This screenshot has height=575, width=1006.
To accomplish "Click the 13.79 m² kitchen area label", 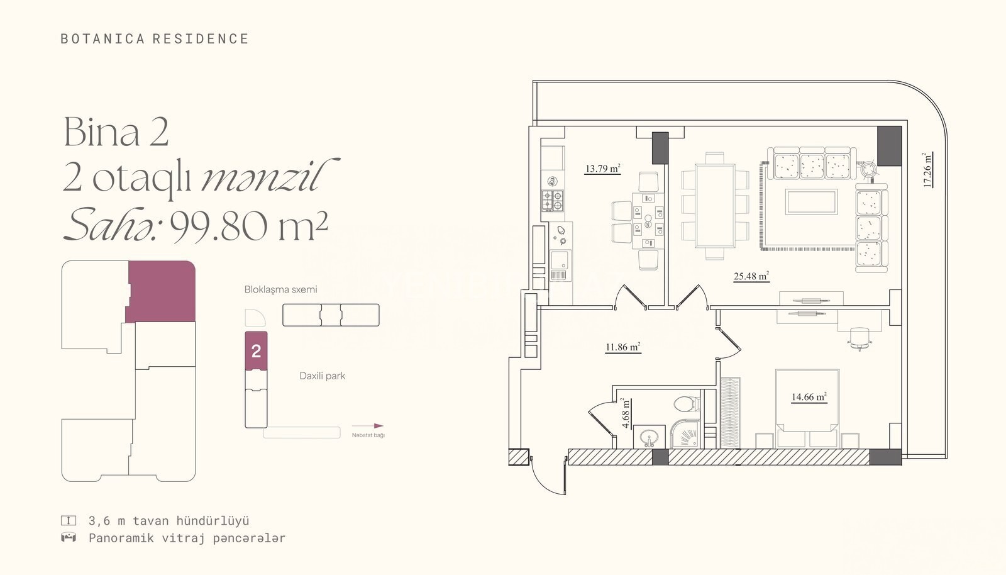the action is click(602, 169).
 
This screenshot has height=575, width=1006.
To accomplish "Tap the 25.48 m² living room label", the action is click(751, 276).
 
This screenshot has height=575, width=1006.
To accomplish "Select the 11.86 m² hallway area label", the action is click(623, 347).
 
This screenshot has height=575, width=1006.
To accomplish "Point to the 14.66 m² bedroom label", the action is click(809, 397).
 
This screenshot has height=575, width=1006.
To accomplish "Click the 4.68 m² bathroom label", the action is click(625, 413).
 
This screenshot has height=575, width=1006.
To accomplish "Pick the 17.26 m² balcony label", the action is click(927, 170).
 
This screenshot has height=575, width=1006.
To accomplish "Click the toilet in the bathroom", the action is click(687, 403).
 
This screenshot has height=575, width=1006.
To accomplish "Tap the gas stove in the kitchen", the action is click(553, 200).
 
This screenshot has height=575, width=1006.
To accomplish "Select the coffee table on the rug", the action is click(811, 202).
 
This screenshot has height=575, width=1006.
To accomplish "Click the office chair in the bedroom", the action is click(860, 338).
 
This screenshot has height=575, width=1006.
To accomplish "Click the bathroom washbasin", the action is click(649, 437).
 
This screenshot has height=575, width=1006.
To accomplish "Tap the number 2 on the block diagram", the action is click(257, 351).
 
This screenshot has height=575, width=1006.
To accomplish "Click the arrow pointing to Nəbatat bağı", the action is click(367, 426).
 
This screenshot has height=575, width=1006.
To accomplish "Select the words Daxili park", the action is click(322, 376).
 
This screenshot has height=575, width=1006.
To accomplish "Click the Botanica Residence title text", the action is click(155, 38).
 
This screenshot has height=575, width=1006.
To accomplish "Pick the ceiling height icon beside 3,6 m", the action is click(69, 521).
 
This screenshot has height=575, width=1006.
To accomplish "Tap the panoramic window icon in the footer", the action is click(69, 538).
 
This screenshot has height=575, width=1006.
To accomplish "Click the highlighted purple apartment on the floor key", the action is click(162, 291).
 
